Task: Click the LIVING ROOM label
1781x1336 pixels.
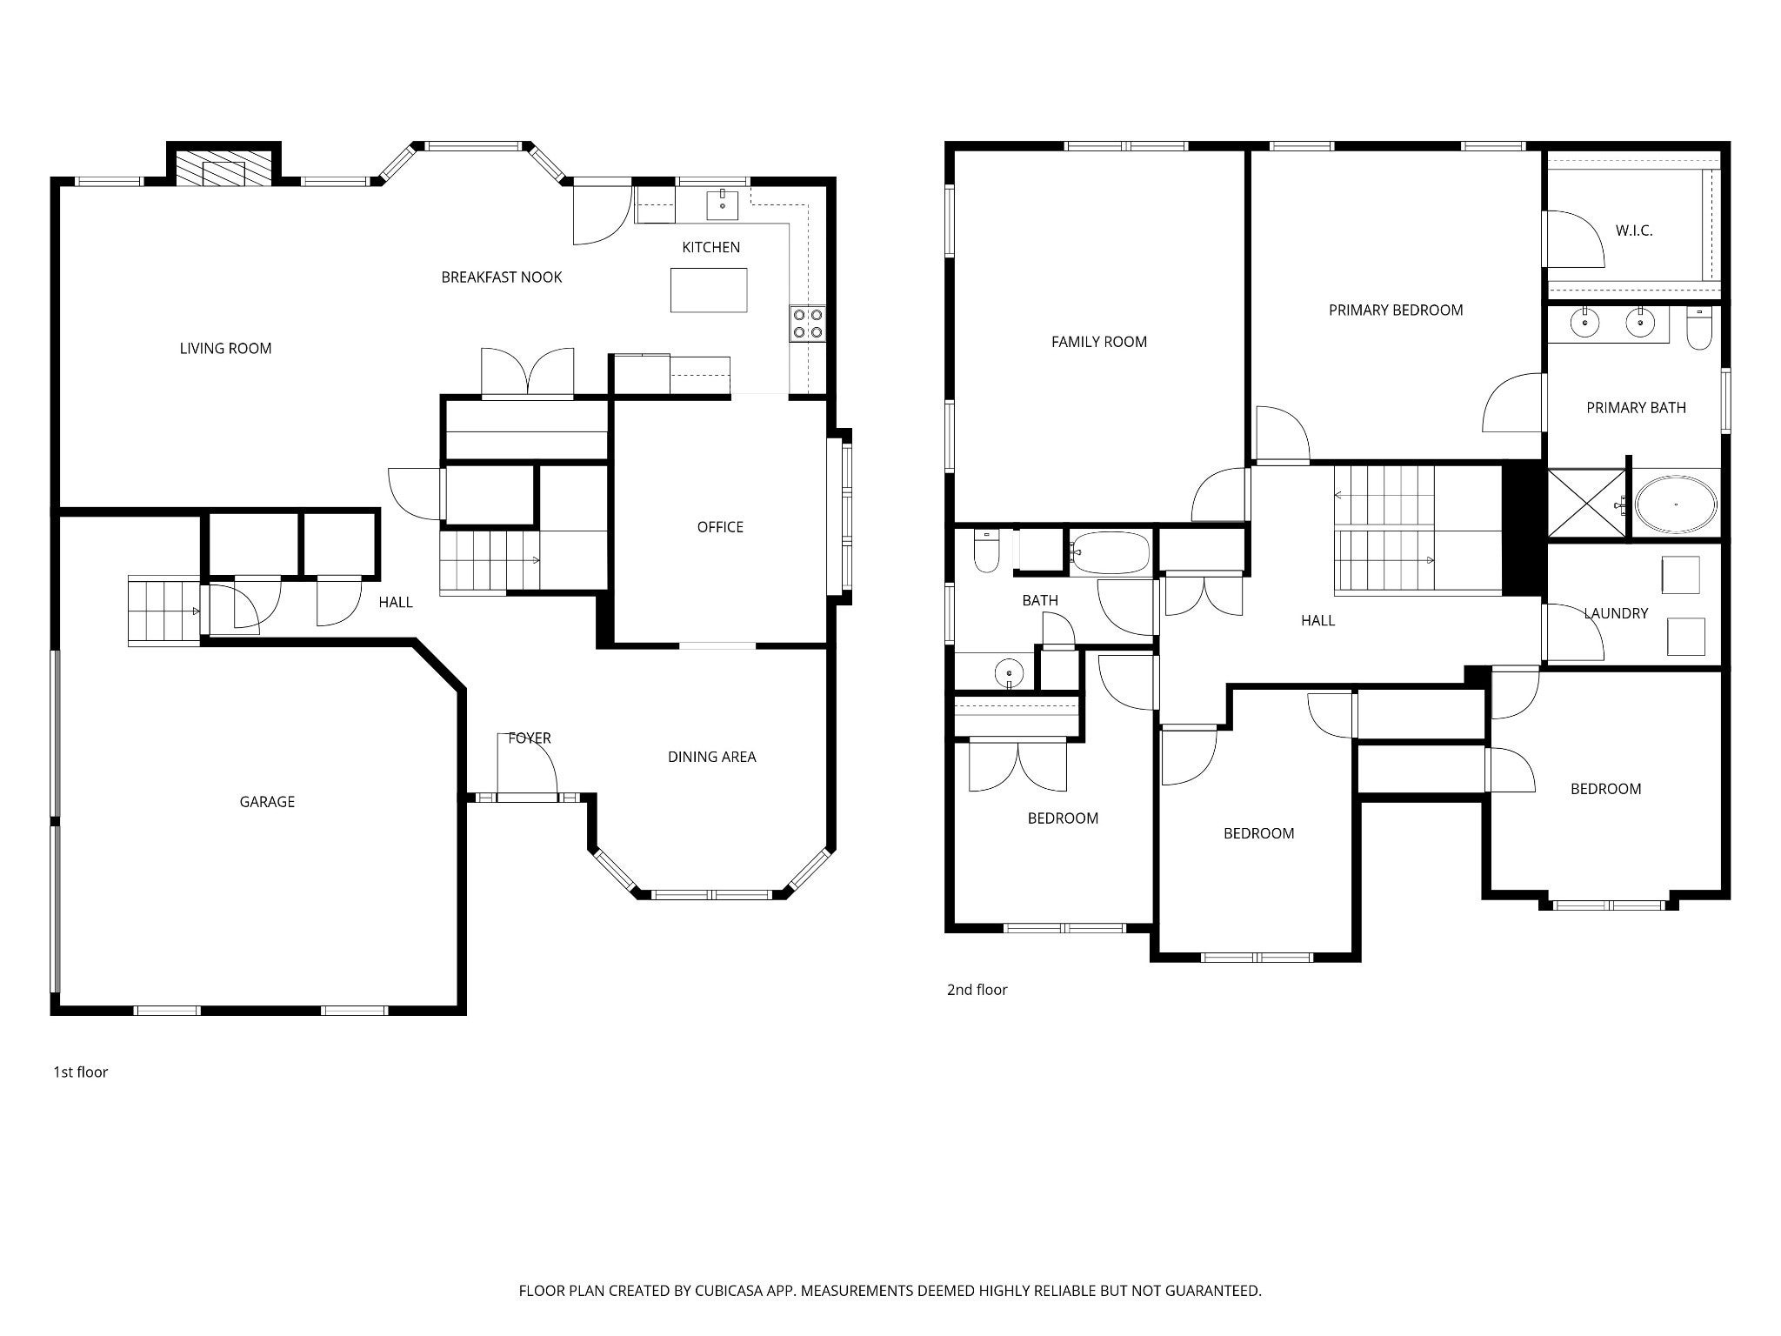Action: tap(225, 349)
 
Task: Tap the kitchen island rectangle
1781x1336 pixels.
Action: tap(709, 290)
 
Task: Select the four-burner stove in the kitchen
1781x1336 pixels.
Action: tap(808, 323)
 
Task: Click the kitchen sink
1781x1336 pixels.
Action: tap(723, 205)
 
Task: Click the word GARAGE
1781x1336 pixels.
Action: tap(267, 802)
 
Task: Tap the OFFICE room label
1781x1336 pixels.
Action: tap(720, 527)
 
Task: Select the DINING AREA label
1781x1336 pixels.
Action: tap(711, 757)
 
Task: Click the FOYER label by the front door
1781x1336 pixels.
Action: tap(530, 738)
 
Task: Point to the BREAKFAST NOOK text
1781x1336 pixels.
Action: tap(502, 277)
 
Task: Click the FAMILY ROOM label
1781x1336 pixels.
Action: tap(1099, 342)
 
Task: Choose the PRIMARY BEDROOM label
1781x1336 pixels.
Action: tap(1396, 311)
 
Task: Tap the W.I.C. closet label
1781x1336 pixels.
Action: tap(1634, 231)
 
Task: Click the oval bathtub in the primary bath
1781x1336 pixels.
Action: tap(1676, 504)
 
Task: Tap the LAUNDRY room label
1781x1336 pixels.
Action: tap(1616, 613)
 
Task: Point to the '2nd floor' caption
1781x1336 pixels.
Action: tap(977, 990)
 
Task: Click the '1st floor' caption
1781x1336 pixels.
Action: tap(80, 1072)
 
